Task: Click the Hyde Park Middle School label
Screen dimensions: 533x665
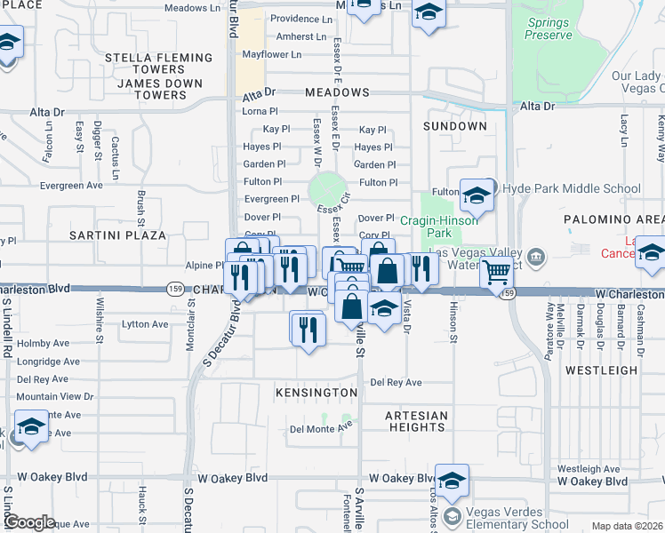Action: tap(572, 188)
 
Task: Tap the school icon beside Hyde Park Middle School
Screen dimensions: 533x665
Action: tap(477, 196)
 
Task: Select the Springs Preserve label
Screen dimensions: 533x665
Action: tap(549, 28)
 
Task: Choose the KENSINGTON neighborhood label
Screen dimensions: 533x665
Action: tap(316, 392)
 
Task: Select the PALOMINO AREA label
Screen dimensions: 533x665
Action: tap(613, 219)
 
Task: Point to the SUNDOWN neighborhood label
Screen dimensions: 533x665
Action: tap(455, 126)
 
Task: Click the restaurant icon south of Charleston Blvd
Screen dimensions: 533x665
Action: tap(308, 330)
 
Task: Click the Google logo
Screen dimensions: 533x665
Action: tap(29, 522)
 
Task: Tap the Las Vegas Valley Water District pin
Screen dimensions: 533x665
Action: tap(535, 258)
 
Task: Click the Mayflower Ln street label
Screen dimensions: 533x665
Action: tap(272, 54)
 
